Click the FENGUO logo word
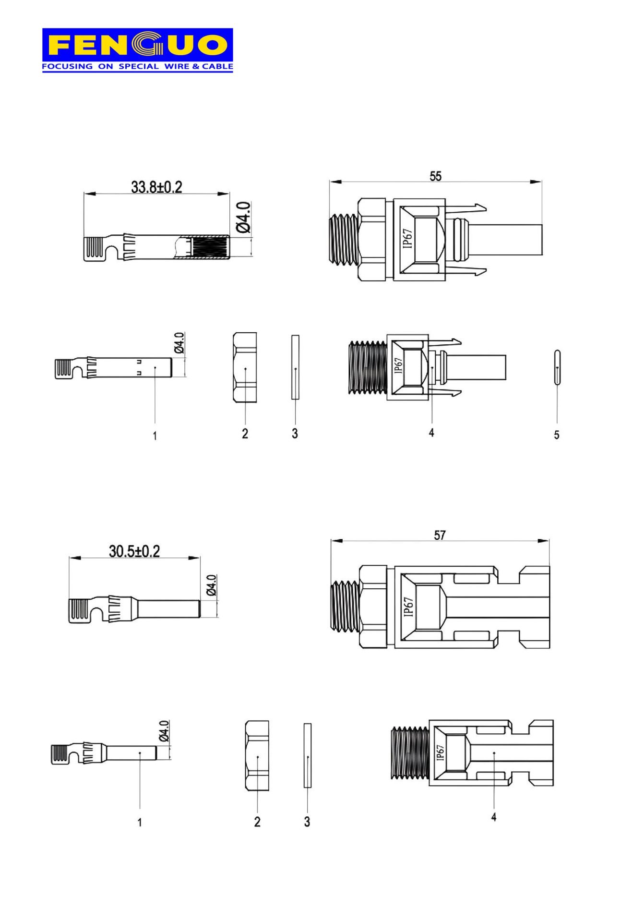tap(137, 45)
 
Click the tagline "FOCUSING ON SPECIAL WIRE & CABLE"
tap(137, 66)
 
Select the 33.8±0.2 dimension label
tap(157, 187)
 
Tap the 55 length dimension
tap(435, 176)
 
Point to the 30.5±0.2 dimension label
tap(134, 551)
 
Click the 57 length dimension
tap(440, 535)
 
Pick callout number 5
tap(557, 435)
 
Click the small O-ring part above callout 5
tap(557, 367)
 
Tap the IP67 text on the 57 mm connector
tap(408, 607)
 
